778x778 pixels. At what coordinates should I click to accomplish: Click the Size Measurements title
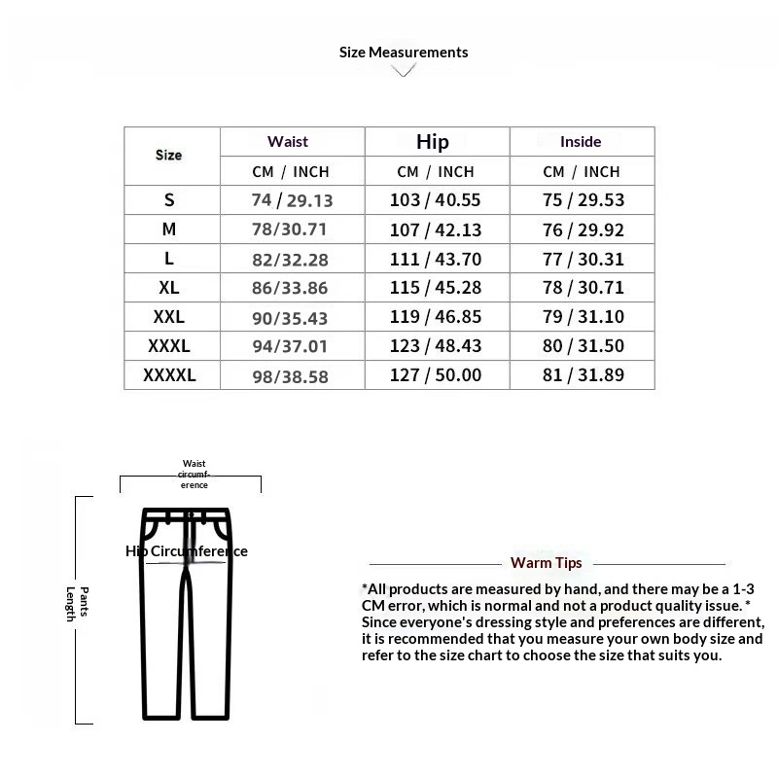[x=404, y=53]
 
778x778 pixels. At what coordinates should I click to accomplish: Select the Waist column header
[x=288, y=141]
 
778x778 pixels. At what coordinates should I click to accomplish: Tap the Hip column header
[x=433, y=142]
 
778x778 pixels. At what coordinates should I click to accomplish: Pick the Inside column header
[x=581, y=141]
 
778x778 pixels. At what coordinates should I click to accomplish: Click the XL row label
[x=169, y=288]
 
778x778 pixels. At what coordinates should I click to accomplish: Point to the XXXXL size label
[x=169, y=375]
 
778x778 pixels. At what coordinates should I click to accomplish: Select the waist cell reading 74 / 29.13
[x=292, y=200]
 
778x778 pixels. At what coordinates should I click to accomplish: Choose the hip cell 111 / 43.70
[x=436, y=259]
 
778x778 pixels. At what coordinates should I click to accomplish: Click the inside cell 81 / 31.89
[x=583, y=375]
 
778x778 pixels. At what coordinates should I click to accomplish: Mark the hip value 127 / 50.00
[x=436, y=375]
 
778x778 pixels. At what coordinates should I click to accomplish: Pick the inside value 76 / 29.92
[x=583, y=230]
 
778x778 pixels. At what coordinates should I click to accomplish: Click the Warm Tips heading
[x=547, y=563]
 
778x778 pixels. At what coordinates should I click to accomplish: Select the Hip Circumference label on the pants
[x=187, y=551]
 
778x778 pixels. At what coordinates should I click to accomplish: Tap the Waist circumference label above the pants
[x=194, y=474]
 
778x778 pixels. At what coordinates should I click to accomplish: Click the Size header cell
[x=169, y=155]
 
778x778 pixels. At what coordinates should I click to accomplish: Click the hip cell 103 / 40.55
[x=436, y=200]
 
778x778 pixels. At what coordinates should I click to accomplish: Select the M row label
[x=169, y=230]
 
